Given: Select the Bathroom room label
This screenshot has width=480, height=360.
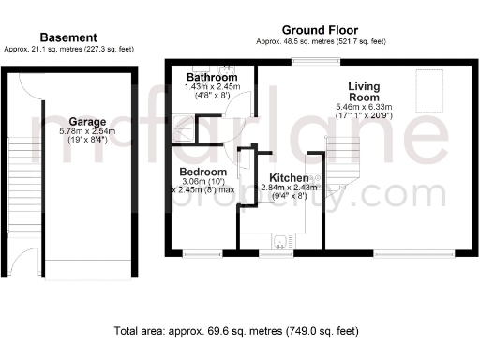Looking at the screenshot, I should click(210, 76).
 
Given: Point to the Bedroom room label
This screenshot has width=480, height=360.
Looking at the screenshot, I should click(202, 172).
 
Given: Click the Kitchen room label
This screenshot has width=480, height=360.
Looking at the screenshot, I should click(289, 177).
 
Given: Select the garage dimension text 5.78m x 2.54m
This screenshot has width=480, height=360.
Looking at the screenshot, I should click(85, 132).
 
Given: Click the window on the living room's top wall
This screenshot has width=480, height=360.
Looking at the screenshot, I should click(302, 62).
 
